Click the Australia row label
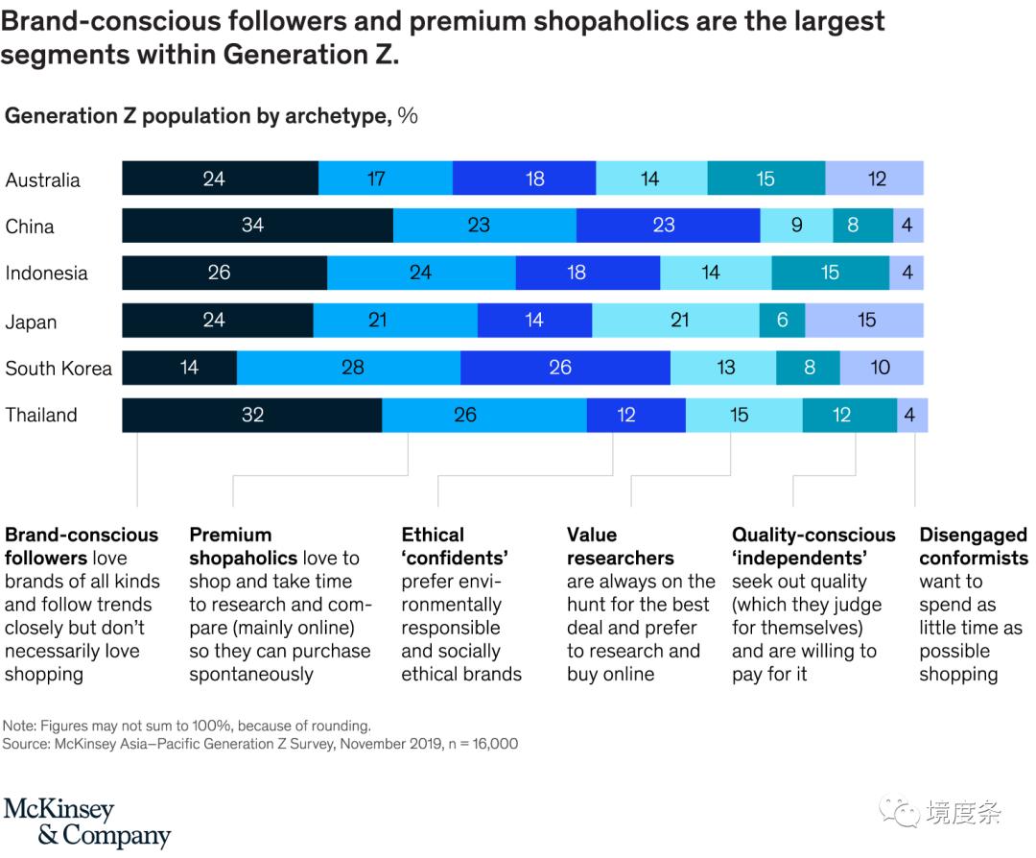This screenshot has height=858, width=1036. point(42,180)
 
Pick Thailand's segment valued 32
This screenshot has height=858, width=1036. point(251,415)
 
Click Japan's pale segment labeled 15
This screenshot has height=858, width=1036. point(864,321)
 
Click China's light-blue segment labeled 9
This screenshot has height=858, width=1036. point(796,226)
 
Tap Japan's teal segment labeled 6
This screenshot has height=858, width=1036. point(782,321)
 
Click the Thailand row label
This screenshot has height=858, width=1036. point(41,416)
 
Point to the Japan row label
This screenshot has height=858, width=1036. point(31,322)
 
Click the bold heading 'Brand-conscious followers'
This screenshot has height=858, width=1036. point(82,546)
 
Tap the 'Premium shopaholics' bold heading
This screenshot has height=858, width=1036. point(230,546)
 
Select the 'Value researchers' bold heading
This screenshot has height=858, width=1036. point(620,546)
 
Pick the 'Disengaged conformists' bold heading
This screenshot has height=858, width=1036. point(973,546)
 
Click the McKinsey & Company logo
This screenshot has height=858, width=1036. point(86,822)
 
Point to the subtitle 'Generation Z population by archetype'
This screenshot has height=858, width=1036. point(198,116)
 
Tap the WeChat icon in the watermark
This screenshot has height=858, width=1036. point(902,813)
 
